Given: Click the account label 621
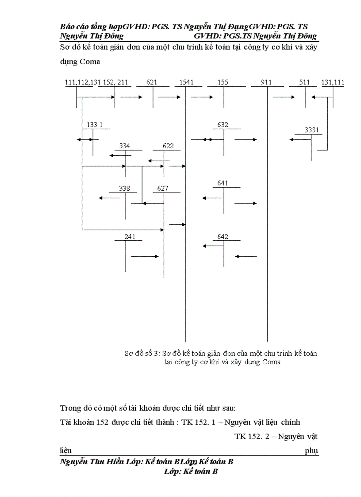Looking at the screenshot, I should [x=152, y=82].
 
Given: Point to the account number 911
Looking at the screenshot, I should [x=266, y=82].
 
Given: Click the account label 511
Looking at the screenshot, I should [x=304, y=82].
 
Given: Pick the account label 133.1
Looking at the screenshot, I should [x=94, y=125].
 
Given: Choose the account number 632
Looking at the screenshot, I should [x=223, y=125].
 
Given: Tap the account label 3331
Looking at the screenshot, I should [x=312, y=130].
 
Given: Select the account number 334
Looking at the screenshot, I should [x=125, y=146].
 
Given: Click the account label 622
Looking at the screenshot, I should [x=168, y=146].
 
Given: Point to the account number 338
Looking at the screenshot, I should [x=125, y=189].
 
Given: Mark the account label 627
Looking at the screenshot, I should [x=163, y=189].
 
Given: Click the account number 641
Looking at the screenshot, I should [x=223, y=183].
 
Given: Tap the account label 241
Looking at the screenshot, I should [x=129, y=237].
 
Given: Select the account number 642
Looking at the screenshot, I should [x=223, y=237].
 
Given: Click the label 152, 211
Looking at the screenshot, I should [x=115, y=82].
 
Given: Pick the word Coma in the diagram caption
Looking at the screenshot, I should [x=271, y=362].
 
